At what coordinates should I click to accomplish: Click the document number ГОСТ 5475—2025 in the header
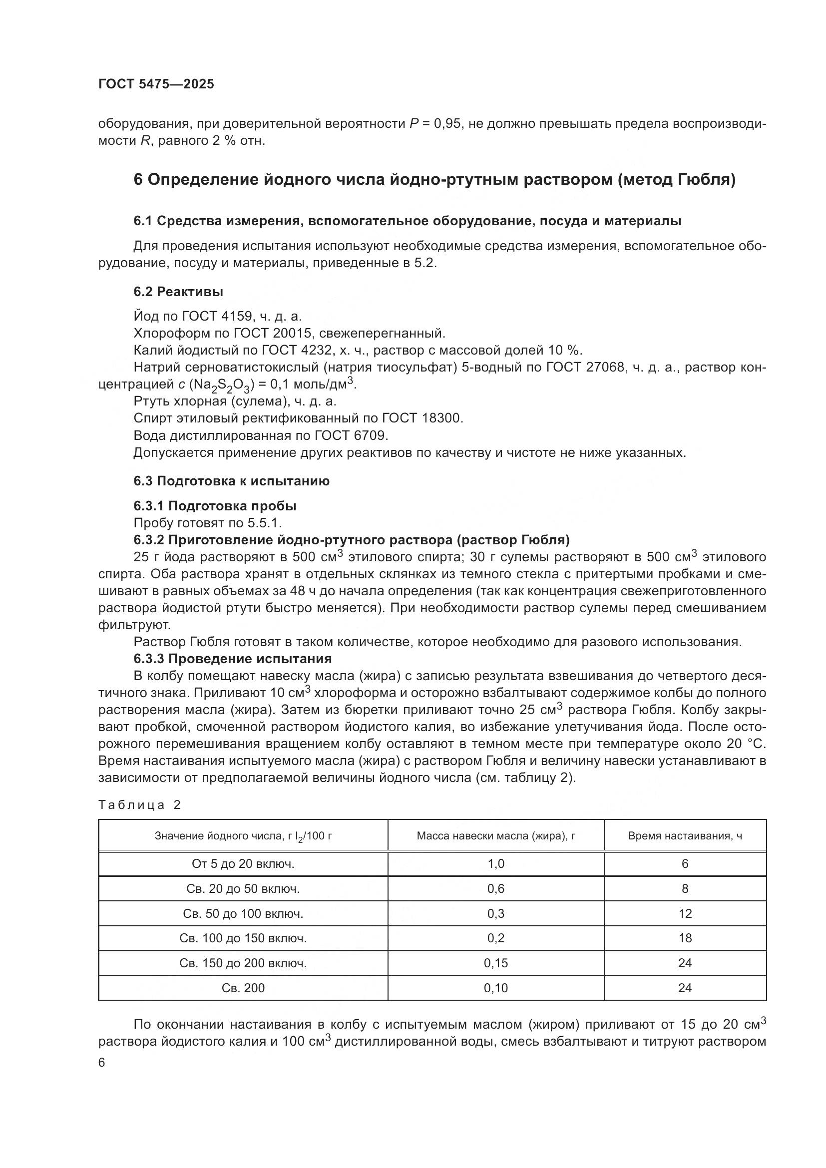(x=156, y=84)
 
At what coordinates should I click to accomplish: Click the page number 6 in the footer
(x=102, y=1062)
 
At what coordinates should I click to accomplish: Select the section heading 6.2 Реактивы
(x=178, y=292)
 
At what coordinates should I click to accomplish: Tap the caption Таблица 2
(x=139, y=804)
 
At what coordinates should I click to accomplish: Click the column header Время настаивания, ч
(x=685, y=835)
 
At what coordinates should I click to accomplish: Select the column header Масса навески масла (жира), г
(x=495, y=835)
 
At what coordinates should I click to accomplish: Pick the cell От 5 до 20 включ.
(x=243, y=863)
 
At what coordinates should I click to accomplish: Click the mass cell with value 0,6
(x=495, y=888)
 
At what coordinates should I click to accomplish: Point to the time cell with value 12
(x=685, y=913)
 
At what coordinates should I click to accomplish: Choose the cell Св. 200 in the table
(x=243, y=987)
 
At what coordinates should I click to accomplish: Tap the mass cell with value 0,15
(x=495, y=962)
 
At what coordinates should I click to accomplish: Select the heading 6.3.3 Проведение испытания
(x=232, y=659)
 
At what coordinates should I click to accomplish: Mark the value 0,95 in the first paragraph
(x=447, y=124)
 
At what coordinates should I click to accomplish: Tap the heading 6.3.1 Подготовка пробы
(x=215, y=506)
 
